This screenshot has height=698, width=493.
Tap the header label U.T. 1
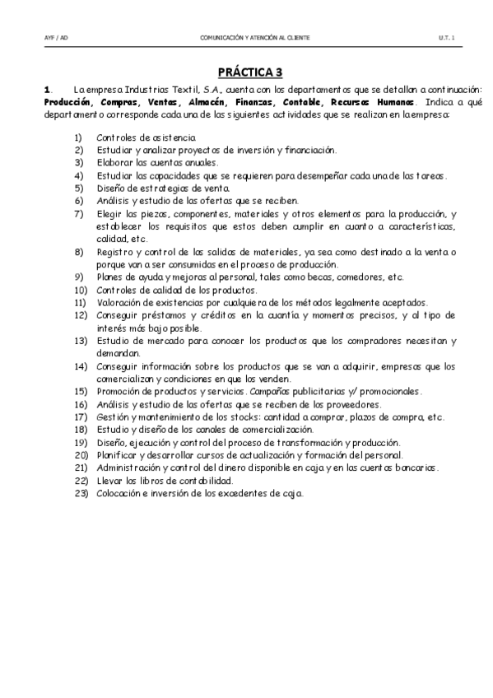coord(447,38)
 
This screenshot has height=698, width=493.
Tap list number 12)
coord(80,315)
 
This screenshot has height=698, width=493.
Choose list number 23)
coord(80,493)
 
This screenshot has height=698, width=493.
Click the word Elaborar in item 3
coord(113,163)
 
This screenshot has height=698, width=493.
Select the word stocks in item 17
coord(235,417)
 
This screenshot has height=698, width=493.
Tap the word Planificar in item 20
coord(117,455)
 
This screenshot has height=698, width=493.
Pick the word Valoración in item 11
coord(119,303)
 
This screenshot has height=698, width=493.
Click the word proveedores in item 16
coord(354,404)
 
